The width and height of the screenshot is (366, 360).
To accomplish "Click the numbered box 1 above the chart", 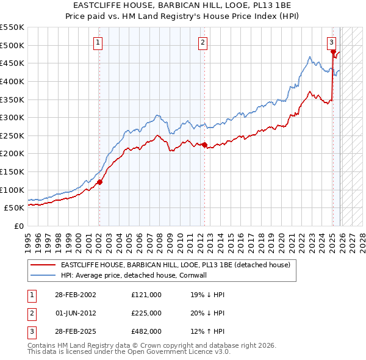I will click(98, 42).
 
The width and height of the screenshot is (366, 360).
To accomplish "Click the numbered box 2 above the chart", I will click(203, 42).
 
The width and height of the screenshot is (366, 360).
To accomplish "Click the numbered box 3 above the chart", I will click(331, 42).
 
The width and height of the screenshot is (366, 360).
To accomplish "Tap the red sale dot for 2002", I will click(99, 181).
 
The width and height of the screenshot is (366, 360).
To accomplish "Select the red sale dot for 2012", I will click(204, 145).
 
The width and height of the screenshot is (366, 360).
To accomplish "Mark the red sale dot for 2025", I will click(333, 52).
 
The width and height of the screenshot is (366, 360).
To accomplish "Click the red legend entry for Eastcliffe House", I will click(179, 265).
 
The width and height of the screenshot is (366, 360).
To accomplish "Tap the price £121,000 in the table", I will click(146, 295).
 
